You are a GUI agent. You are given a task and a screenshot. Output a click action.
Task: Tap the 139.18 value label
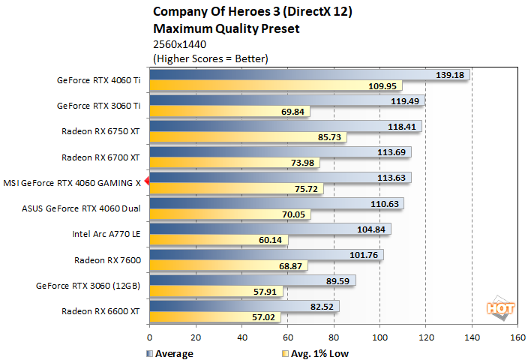click(451, 75)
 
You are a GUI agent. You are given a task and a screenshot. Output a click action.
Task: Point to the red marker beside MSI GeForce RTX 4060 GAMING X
click(147, 181)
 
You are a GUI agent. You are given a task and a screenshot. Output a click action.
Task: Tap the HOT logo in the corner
click(502, 308)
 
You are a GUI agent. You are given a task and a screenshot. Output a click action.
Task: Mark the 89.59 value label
click(337, 280)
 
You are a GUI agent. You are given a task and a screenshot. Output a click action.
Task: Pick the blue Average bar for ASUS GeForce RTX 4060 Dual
click(277, 203)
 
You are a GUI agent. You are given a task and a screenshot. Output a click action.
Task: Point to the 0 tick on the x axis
click(150, 337)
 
